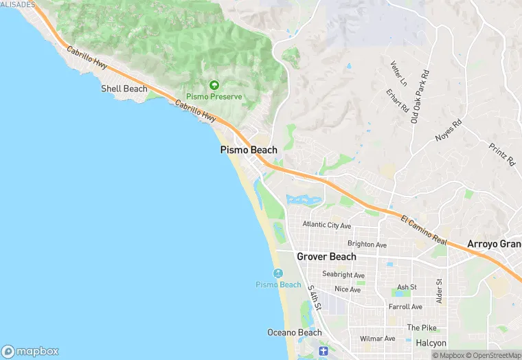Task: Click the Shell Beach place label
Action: [124, 89]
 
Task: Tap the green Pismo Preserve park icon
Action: [214, 85]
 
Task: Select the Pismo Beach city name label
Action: [249, 150]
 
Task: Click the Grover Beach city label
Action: [326, 257]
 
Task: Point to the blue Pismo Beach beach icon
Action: [278, 273]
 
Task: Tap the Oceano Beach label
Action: [294, 333]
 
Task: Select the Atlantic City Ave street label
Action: [327, 225]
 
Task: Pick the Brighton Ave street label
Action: [367, 245]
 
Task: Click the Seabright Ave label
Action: [343, 275]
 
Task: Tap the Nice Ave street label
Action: [348, 289]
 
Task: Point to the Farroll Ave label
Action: [405, 306]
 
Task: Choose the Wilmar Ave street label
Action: [378, 338]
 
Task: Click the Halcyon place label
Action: [431, 343]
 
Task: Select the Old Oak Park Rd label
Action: [420, 97]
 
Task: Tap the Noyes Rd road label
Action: [449, 131]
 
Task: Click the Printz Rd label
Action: [502, 155]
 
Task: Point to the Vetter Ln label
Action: [398, 73]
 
